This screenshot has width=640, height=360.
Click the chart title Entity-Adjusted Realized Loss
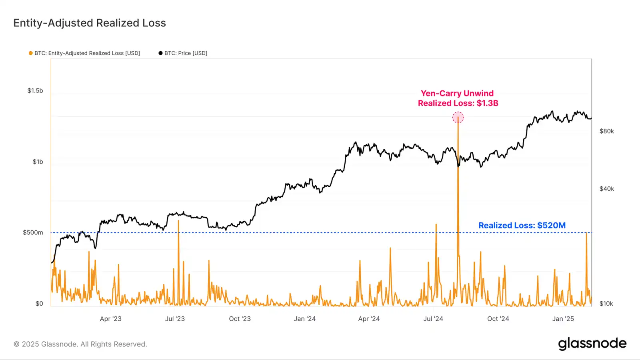[x=90, y=23]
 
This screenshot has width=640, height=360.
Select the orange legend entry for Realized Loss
[x=84, y=53]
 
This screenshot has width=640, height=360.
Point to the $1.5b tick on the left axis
[x=35, y=91]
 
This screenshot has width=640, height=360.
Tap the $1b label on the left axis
[x=38, y=162]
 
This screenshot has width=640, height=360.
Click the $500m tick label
[x=33, y=233]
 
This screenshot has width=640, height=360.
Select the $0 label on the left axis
[x=39, y=304]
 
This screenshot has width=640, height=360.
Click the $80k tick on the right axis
[x=606, y=131]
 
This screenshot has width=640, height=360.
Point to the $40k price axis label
[x=606, y=189]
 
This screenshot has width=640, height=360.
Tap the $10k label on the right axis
[x=606, y=304]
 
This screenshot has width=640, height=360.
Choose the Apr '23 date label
[x=110, y=319]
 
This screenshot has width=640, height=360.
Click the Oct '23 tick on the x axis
[x=240, y=319]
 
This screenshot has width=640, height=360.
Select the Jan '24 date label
[x=305, y=319]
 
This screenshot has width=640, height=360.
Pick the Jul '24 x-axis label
[x=433, y=319]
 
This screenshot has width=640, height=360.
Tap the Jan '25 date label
[x=563, y=319]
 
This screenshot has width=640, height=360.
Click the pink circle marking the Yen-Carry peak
[x=458, y=118]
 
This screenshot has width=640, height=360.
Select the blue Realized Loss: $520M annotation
[x=522, y=226]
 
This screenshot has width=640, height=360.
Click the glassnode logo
[x=592, y=344]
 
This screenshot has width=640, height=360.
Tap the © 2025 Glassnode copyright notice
[x=80, y=344]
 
